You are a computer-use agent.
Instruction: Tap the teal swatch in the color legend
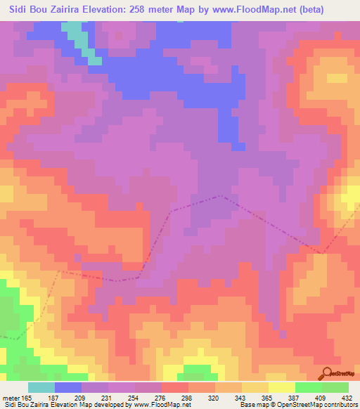41,387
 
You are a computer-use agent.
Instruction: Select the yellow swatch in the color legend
282,387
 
